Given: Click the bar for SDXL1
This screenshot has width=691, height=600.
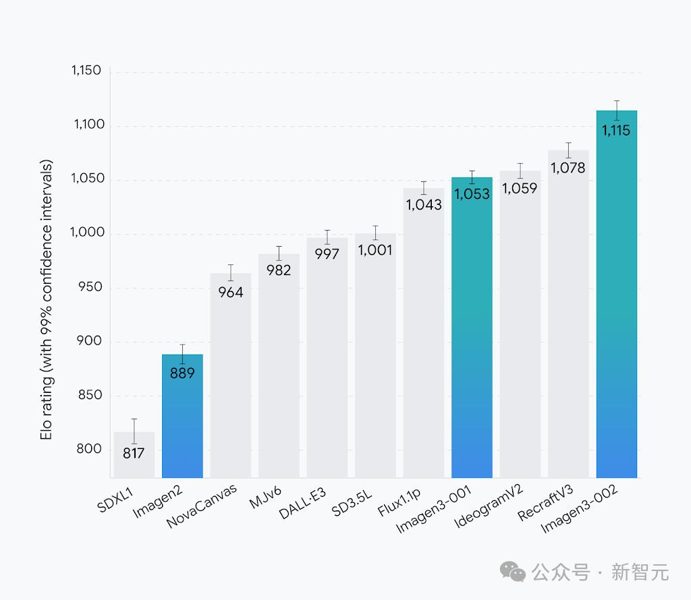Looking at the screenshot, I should click(134, 455).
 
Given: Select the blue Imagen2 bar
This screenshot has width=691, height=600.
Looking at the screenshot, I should click(182, 418).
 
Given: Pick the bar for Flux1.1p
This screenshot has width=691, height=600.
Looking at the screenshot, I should click(424, 337).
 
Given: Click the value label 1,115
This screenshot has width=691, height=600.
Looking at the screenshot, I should click(617, 131).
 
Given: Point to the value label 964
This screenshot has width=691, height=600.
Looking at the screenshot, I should click(231, 293).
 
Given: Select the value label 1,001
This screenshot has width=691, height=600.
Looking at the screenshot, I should click(375, 251).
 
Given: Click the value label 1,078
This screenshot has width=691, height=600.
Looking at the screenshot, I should click(568, 169).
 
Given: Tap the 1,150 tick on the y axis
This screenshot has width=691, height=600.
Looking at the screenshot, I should click(86, 71).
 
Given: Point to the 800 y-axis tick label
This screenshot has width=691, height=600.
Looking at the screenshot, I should click(90, 449).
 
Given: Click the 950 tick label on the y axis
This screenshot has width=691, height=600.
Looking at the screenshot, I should click(90, 287).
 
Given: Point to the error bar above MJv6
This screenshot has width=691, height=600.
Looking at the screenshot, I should click(279, 253).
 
